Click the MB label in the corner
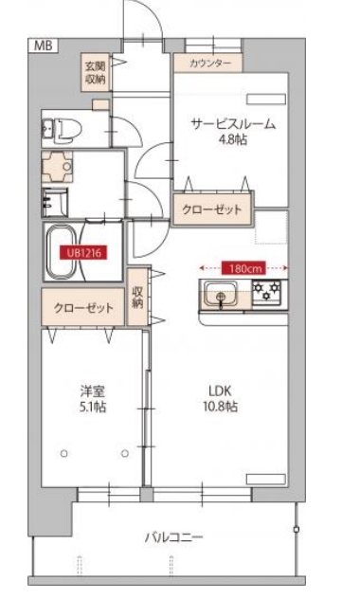point(43,45)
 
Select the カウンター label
point(207,63)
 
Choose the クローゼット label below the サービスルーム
point(213,209)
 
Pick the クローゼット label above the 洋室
point(83,309)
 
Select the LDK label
point(220,390)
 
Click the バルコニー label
point(171,537)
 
